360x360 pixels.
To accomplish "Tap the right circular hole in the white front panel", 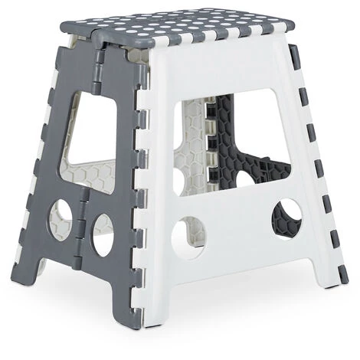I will (286, 217).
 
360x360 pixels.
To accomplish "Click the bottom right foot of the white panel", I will (332, 280).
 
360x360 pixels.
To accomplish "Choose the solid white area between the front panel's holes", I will (237, 230).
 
